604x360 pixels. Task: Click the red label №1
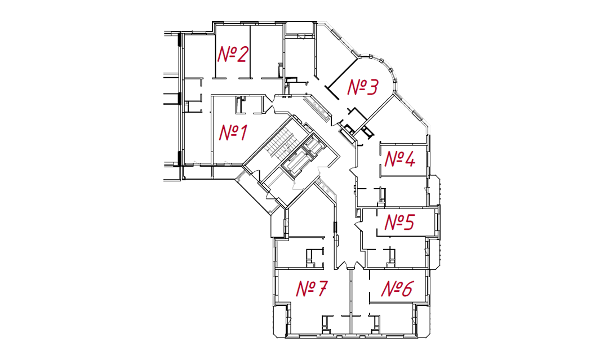tap(233, 133)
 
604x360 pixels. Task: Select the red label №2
tap(232, 54)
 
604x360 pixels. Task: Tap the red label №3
tap(363, 87)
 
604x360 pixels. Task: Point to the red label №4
tap(400, 159)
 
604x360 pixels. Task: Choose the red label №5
tap(400, 222)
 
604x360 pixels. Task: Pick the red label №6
tap(397, 289)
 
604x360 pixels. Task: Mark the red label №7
tap(312, 288)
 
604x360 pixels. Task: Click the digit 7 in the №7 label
tap(322, 288)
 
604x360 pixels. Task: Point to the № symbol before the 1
tap(227, 133)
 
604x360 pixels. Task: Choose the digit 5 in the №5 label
tap(409, 222)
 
